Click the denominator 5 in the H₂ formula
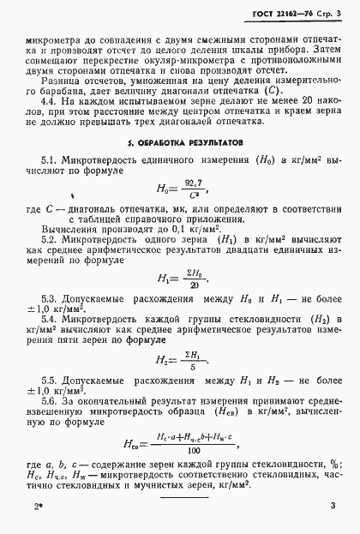click(192, 366)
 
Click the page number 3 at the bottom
click(333, 509)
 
